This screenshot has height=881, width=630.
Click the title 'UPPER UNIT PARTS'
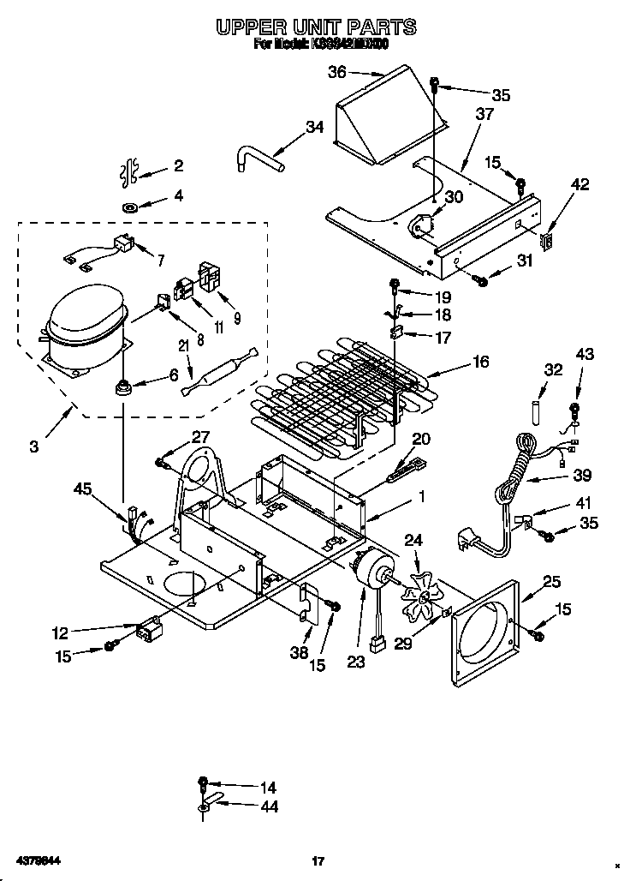tap(316, 27)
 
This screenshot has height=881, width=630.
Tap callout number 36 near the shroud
tap(338, 73)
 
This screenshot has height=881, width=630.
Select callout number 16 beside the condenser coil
tap(480, 362)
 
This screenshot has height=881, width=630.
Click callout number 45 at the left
tap(82, 489)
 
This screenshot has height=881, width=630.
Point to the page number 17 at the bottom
tap(317, 860)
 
